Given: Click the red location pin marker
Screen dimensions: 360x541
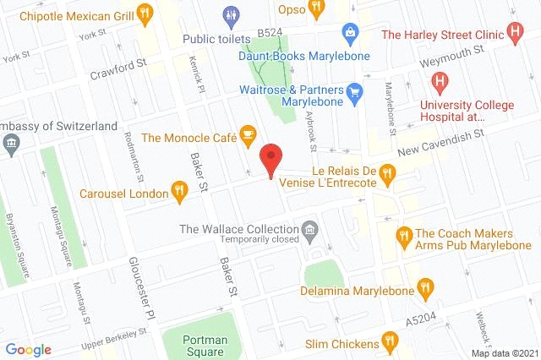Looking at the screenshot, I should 270,159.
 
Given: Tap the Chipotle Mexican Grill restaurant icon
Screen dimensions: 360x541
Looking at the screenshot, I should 145,14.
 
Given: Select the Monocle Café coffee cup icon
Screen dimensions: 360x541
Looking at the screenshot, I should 247,134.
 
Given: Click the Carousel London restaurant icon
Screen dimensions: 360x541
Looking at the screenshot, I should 178,191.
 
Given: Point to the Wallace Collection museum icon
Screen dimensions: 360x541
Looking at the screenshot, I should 310,229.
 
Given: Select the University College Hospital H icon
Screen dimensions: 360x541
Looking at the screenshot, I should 439,82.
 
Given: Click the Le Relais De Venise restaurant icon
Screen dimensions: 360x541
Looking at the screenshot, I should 388,173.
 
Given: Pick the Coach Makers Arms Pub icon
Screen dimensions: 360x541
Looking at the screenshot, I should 403,234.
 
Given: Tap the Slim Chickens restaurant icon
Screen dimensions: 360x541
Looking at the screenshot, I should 390,342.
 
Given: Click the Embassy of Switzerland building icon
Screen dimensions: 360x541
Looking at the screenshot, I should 11,142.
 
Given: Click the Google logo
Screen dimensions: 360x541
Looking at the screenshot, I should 28,349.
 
